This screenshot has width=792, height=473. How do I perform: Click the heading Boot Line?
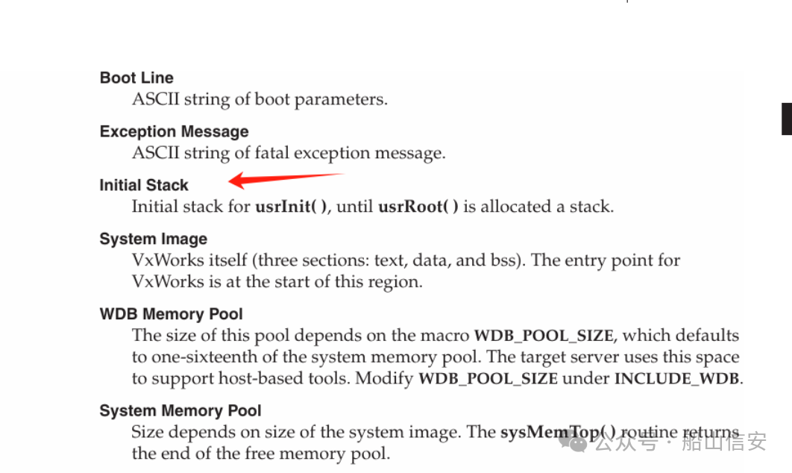(136, 78)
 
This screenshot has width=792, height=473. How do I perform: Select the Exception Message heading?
(174, 131)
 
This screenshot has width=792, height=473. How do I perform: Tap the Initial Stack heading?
(144, 185)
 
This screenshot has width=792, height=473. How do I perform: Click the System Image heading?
(153, 239)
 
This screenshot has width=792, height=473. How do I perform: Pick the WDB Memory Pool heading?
(172, 314)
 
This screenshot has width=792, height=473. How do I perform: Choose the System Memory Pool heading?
(180, 410)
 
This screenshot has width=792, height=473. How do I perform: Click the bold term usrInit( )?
(291, 207)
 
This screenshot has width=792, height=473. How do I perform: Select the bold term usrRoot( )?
(418, 207)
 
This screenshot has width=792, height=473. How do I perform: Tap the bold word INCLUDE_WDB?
(676, 378)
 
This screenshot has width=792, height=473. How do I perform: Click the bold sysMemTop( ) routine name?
(559, 432)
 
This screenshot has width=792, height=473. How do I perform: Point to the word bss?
(512, 261)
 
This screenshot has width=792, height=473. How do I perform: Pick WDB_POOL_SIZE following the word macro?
(544, 336)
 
